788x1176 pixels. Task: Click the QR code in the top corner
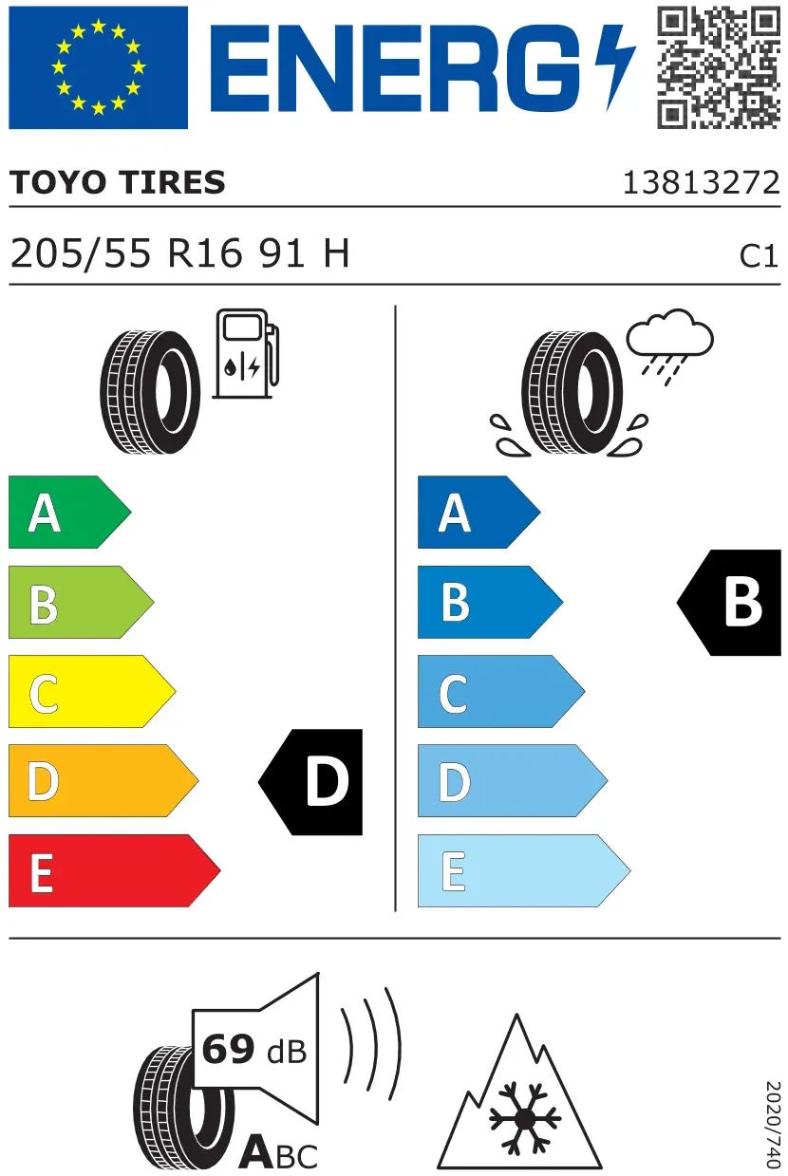click(x=718, y=67)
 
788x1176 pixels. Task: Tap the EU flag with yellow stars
click(x=98, y=67)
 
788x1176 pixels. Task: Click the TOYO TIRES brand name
click(x=118, y=182)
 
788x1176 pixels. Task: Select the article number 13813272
click(x=701, y=182)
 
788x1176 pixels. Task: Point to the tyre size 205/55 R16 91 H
click(x=179, y=253)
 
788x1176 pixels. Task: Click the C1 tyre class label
click(x=759, y=256)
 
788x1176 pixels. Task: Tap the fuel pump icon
click(x=246, y=354)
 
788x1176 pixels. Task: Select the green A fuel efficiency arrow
click(x=70, y=512)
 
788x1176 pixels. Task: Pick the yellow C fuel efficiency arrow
click(x=92, y=691)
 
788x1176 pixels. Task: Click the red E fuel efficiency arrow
click(x=115, y=870)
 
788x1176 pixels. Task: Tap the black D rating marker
click(x=310, y=782)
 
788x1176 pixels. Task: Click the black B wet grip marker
click(x=729, y=603)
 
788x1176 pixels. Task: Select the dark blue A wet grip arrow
click(x=478, y=512)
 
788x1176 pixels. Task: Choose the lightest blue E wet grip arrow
click(x=524, y=870)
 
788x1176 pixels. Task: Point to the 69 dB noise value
click(x=254, y=1050)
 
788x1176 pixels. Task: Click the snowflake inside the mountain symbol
click(x=525, y=1119)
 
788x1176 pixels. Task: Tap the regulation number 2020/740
click(x=772, y=1125)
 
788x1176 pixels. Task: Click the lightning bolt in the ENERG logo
click(x=615, y=67)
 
